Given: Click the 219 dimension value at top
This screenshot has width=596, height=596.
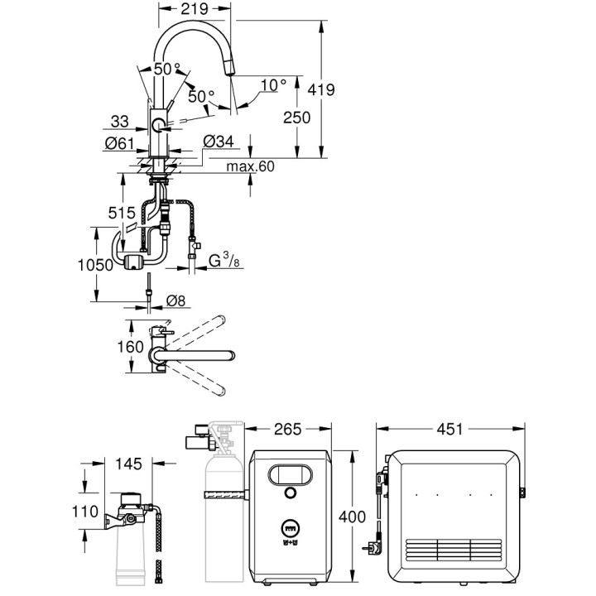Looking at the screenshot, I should coord(193,12).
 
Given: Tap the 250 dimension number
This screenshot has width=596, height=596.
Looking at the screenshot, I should coord(296,118).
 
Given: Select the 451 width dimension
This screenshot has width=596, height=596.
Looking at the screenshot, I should coord(450,430).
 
